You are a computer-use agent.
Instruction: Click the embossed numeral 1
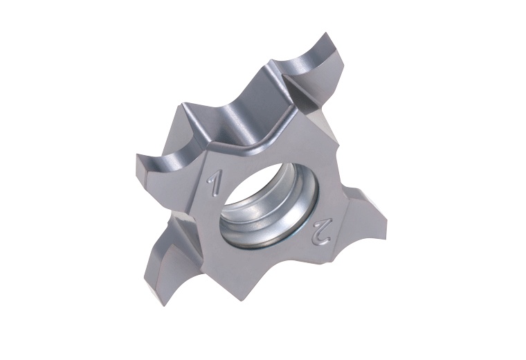(215, 184)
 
